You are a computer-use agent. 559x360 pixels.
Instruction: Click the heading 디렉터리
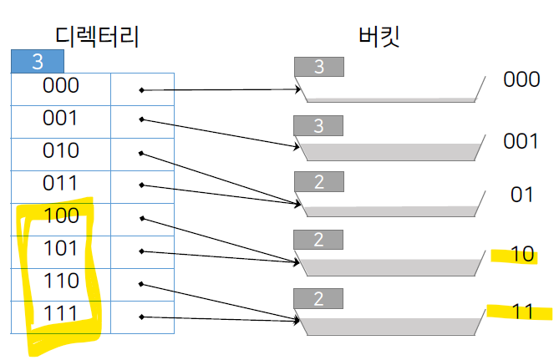pyautogui.click(x=95, y=36)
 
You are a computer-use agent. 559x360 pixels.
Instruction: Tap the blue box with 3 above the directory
pyautogui.click(x=37, y=62)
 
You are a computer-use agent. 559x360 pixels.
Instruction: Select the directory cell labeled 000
pyautogui.click(x=60, y=85)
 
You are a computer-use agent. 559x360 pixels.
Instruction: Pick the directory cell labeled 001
pyautogui.click(x=60, y=118)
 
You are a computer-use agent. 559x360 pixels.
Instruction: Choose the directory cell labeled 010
pyautogui.click(x=60, y=150)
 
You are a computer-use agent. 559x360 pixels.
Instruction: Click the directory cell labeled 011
pyautogui.click(x=60, y=183)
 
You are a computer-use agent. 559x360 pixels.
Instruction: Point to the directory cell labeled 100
pyautogui.click(x=60, y=215)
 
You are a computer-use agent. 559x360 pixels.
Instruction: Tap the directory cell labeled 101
pyautogui.click(x=60, y=248)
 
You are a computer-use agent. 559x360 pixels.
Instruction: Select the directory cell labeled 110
pyautogui.click(x=60, y=281)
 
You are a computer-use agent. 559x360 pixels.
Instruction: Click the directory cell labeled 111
pyautogui.click(x=60, y=313)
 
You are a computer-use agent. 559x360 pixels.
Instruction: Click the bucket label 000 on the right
pyautogui.click(x=521, y=79)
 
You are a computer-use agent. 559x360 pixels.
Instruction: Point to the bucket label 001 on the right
pyautogui.click(x=521, y=140)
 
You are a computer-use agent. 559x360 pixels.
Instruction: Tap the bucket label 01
pyautogui.click(x=522, y=195)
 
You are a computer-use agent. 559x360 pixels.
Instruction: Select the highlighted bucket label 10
pyautogui.click(x=522, y=254)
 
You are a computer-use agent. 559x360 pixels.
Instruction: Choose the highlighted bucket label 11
pyautogui.click(x=522, y=312)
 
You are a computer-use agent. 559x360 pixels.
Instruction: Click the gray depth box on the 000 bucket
pyautogui.click(x=318, y=67)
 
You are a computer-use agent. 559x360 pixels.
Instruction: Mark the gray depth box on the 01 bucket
pyautogui.click(x=318, y=182)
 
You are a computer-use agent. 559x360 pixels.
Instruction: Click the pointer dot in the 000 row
pyautogui.click(x=141, y=89)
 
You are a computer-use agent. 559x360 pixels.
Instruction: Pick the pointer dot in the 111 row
pyautogui.click(x=141, y=317)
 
